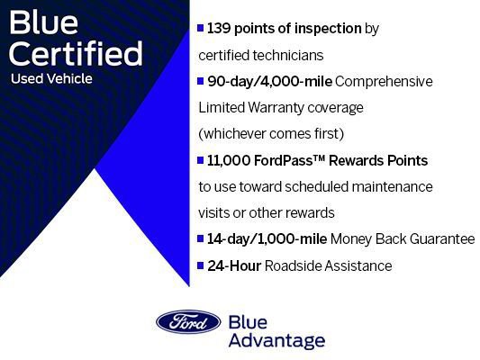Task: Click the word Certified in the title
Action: pos(77,53)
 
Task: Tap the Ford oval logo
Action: pos(188,322)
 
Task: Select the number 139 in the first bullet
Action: pos(220,29)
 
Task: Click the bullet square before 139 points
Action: pos(200,29)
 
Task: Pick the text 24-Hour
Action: pos(232,265)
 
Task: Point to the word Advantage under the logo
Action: pos(276,340)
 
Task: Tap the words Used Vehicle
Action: pos(51,78)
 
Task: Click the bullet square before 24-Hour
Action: pos(200,265)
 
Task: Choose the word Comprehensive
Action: pos(384,81)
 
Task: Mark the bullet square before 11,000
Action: pos(200,160)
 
